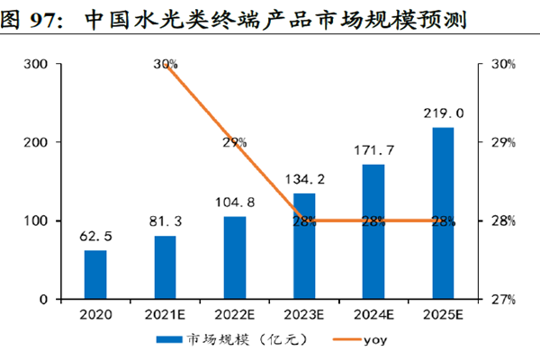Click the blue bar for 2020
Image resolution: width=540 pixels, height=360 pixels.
(x=95, y=274)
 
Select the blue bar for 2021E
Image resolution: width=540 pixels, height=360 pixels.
(x=165, y=267)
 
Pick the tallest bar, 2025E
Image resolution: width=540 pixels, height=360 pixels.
(x=443, y=213)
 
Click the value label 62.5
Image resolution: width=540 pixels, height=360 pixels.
(x=94, y=237)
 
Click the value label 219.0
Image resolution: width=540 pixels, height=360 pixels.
(x=443, y=114)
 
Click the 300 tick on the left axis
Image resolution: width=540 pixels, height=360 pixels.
(x=38, y=65)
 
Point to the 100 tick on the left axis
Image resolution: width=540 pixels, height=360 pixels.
(x=38, y=221)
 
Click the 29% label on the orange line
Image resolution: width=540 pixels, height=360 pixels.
(x=235, y=142)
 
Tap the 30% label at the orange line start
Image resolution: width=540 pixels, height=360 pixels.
(x=166, y=65)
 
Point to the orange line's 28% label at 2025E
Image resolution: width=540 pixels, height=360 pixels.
(x=443, y=221)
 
